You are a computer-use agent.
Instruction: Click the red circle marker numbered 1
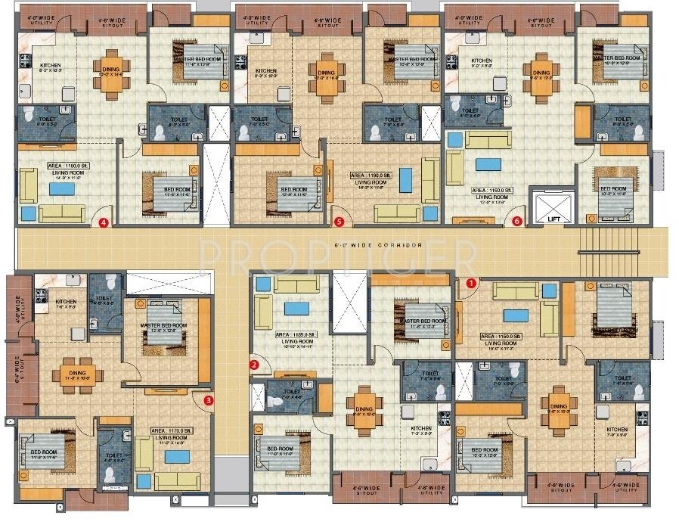(x=471, y=283)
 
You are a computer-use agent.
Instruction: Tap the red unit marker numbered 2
(x=254, y=365)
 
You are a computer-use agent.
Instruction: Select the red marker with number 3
(x=209, y=400)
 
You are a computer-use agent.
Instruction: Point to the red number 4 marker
(x=104, y=222)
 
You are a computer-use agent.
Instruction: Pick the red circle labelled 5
(x=339, y=222)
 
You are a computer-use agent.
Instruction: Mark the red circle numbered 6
(x=517, y=222)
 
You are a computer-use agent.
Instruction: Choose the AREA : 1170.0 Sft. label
(x=171, y=430)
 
